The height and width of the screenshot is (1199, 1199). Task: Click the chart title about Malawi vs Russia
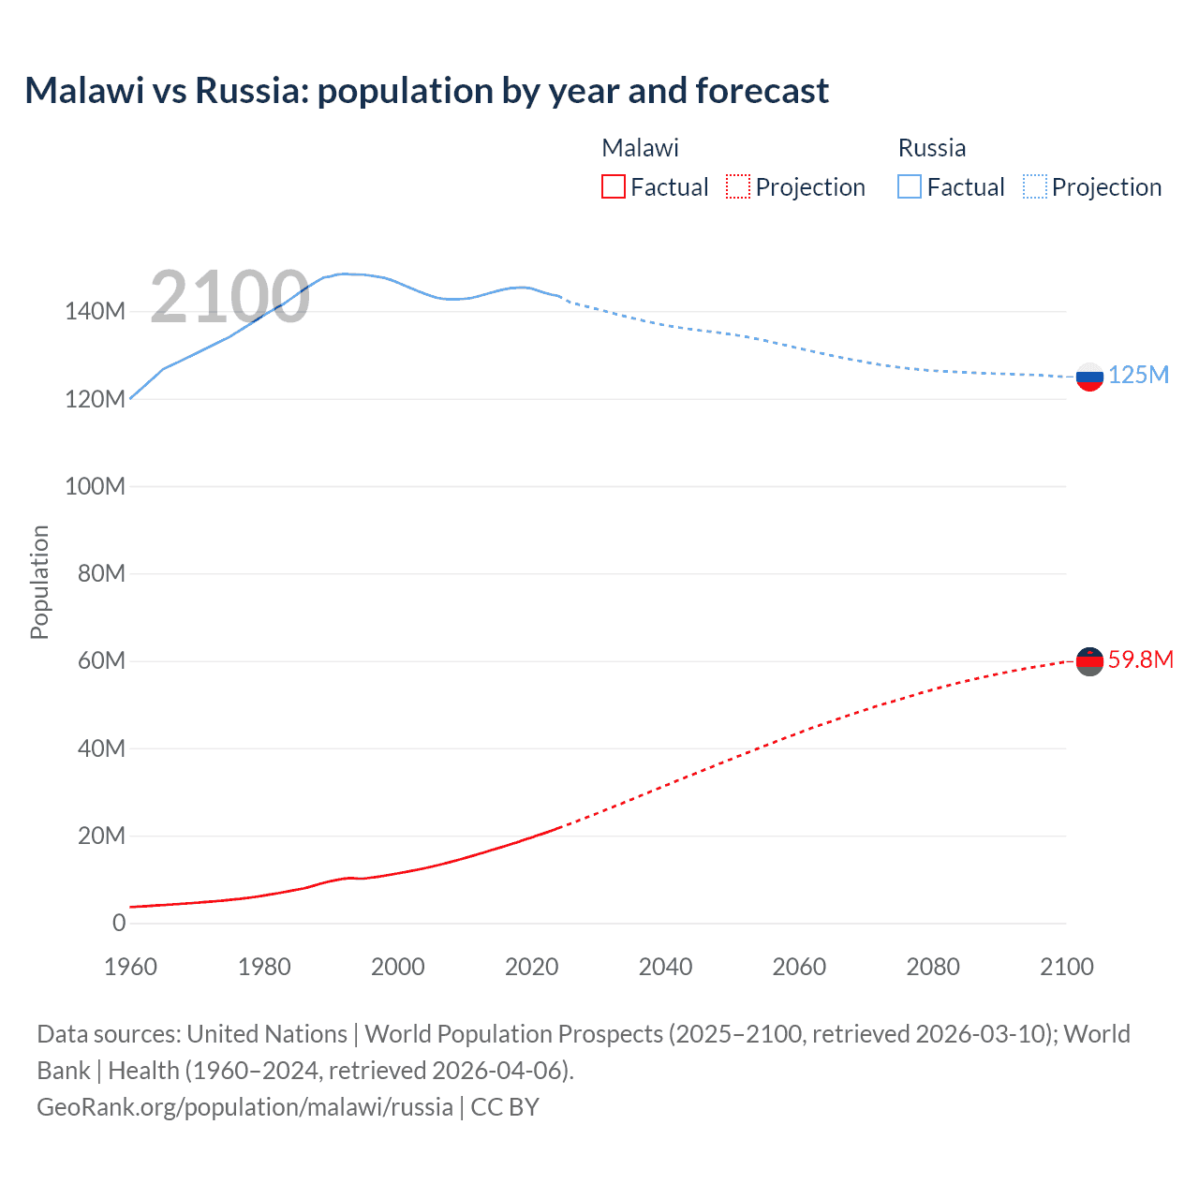click(426, 91)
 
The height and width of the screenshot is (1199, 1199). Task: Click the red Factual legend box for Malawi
click(613, 186)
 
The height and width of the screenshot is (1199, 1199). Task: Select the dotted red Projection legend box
click(738, 186)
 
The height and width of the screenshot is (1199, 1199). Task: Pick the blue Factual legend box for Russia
click(910, 186)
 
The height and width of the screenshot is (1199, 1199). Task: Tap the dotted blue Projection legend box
click(1034, 186)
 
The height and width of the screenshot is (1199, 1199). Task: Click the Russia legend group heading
click(931, 148)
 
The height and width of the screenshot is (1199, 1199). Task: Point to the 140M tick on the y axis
click(95, 312)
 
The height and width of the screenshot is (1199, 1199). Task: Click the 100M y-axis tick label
click(95, 487)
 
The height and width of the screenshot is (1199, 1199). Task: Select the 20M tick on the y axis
click(100, 836)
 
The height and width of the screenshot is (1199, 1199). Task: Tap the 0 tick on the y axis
click(118, 924)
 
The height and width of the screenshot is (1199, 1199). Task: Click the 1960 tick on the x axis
click(130, 967)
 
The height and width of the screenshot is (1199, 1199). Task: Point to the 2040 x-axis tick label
click(665, 967)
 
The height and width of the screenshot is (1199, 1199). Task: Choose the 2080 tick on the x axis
click(933, 967)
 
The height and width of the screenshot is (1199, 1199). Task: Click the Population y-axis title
click(39, 582)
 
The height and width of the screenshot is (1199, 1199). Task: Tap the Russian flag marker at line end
click(1089, 377)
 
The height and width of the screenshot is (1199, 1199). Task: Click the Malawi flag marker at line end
click(1089, 661)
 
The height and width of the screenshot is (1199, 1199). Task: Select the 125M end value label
click(1138, 376)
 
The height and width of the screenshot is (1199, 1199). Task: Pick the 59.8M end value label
click(1140, 660)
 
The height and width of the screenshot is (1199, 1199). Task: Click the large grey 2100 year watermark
click(229, 297)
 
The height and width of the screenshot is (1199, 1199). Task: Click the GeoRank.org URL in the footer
click(244, 1107)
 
